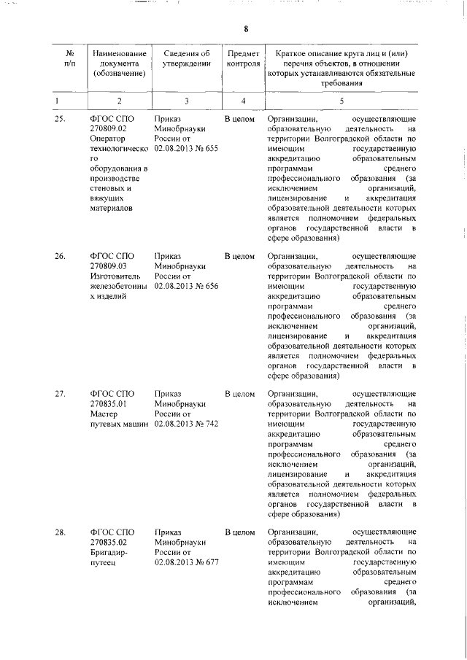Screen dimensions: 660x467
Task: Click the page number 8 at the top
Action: [x=246, y=29]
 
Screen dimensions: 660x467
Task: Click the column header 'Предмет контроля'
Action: [x=243, y=58]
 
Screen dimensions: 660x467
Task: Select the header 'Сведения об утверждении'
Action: [x=186, y=58]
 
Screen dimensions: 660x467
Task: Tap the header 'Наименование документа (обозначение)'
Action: [x=119, y=63]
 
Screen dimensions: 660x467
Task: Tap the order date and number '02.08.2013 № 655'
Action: [x=186, y=149]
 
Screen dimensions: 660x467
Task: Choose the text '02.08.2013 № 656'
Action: [x=186, y=287]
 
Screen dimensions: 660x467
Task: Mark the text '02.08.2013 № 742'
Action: [x=186, y=424]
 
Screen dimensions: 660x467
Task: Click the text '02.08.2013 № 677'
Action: [x=186, y=562]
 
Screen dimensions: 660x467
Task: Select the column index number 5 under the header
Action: [x=341, y=100]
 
